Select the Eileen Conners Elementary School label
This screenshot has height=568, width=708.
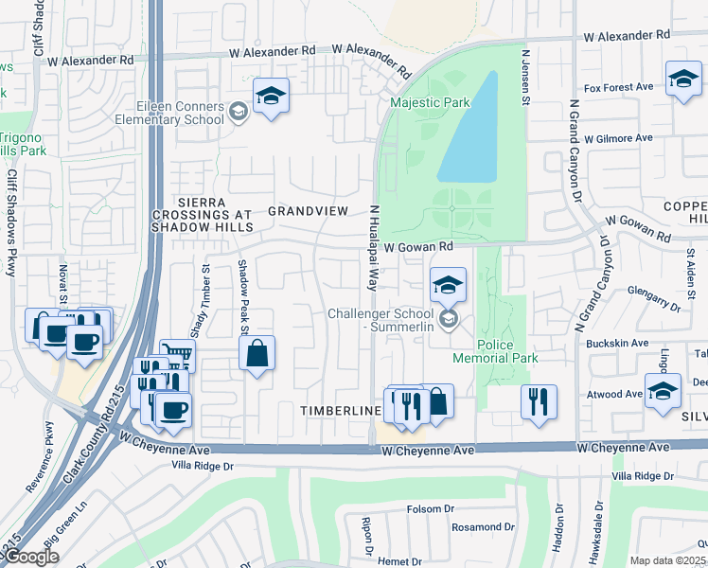pyautogui.click(x=168, y=114)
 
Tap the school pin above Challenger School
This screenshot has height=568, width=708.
pyautogui.click(x=448, y=285)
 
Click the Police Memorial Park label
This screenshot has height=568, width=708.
pyautogui.click(x=507, y=351)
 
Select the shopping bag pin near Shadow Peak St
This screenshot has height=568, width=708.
pyautogui.click(x=257, y=355)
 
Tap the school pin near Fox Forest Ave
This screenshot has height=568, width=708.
pyautogui.click(x=682, y=80)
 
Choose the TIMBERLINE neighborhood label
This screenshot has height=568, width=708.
pyautogui.click(x=341, y=411)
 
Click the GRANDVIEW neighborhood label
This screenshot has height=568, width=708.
pyautogui.click(x=309, y=210)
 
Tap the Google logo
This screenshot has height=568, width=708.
pyautogui.click(x=30, y=557)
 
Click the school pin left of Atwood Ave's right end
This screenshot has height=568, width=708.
pyautogui.click(x=663, y=390)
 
